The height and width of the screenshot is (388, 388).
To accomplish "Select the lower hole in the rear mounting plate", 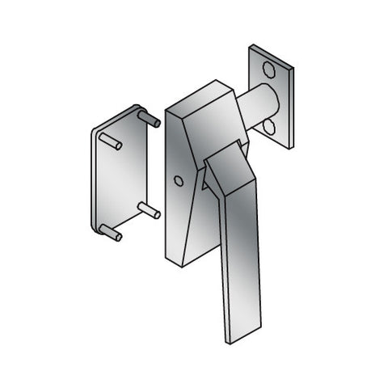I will pos(268,128).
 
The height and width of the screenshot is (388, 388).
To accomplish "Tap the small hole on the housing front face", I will pos(179,181).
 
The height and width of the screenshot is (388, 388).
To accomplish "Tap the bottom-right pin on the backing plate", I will pos(149,212).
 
